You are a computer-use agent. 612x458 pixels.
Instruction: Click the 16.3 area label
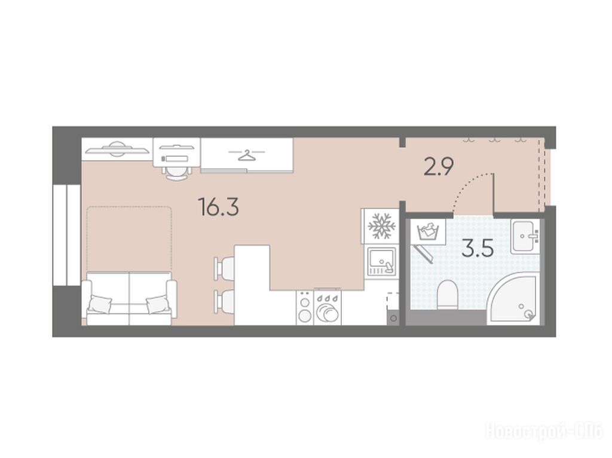pos(218,206)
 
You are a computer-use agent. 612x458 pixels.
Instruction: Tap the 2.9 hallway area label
pos(438,167)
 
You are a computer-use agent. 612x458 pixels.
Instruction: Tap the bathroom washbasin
pos(525,236)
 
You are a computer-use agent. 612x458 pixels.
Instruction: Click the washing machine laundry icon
pos(428,231)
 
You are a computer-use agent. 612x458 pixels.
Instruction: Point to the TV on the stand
pos(117,149)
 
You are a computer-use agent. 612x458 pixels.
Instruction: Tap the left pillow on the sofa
pos(100,304)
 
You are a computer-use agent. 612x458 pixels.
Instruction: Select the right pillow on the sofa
pos(158,304)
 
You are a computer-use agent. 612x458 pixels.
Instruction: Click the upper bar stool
pos(224,268)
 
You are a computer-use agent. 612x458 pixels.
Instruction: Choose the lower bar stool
pos(224,301)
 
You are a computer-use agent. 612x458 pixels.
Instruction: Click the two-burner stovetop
pos(304,308)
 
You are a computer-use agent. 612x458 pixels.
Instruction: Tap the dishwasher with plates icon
pos(328,308)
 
